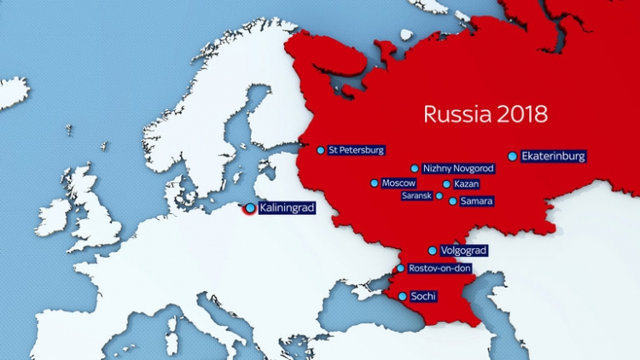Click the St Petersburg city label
357,150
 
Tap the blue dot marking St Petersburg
321,150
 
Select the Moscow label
399,183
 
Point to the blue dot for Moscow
374,183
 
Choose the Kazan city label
467,184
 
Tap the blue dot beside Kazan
446,184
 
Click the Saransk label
417,195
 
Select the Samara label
476,201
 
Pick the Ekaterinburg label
554,156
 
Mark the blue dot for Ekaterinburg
513,156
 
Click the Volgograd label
463,251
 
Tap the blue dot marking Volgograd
433,251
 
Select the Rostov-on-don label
439,269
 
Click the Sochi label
424,297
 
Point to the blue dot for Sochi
403,297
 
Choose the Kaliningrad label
287,208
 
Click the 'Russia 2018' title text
486,113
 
